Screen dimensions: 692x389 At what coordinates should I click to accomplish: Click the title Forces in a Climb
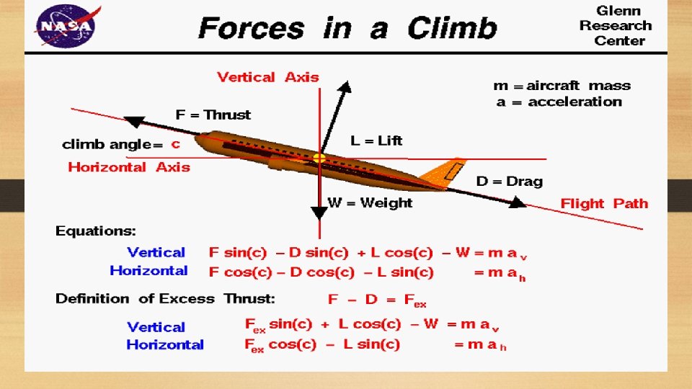coord(347,29)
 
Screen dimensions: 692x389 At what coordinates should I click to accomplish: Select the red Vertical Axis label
coord(268,77)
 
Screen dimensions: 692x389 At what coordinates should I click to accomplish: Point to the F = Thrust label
coord(213,115)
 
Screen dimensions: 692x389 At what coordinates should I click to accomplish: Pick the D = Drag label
coord(509,182)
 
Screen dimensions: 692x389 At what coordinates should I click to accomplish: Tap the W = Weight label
coord(371,202)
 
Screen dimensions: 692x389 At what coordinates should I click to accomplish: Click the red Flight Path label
coord(604,203)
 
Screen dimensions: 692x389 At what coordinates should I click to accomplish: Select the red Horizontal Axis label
coord(129,167)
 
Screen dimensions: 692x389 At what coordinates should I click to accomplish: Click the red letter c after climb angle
coord(175,144)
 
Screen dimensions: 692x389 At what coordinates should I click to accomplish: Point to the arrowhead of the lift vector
coord(346,88)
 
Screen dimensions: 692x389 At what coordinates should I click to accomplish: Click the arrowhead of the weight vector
coord(319,214)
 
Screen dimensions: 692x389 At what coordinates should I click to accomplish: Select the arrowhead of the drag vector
coord(518,203)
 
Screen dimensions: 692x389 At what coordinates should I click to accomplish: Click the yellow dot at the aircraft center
coord(319,158)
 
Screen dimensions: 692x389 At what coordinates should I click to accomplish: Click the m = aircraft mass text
coord(562,86)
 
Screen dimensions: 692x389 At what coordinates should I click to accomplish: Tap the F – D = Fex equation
coord(377,300)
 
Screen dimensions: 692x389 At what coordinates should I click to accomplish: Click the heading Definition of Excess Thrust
coord(165,298)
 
